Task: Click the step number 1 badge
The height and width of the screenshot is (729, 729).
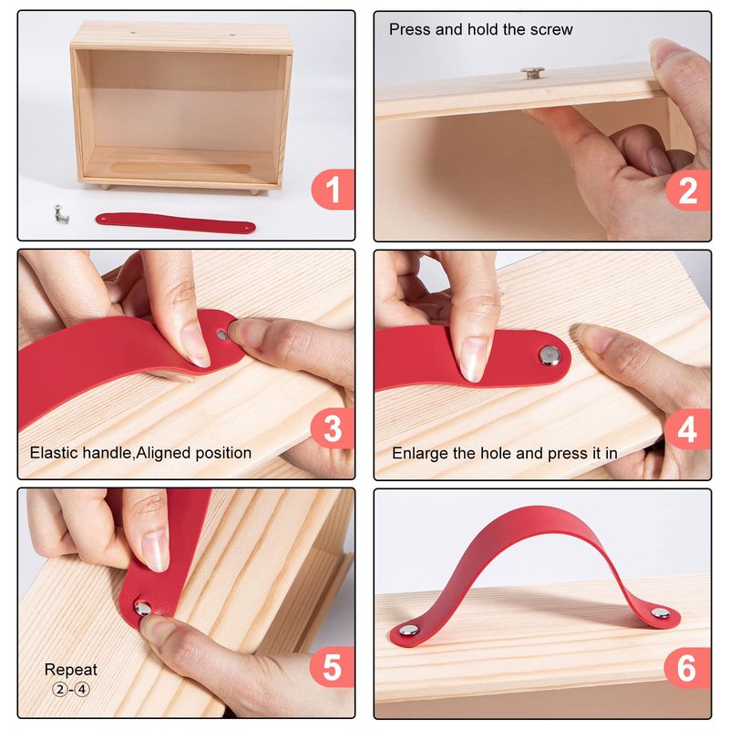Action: [x=333, y=190]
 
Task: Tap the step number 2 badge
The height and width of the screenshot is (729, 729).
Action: [x=688, y=190]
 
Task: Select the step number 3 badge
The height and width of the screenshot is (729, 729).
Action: [x=333, y=428]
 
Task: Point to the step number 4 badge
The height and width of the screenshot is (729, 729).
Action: [x=688, y=428]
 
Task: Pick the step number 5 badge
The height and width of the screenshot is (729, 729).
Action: [x=333, y=667]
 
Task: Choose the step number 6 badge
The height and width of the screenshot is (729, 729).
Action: [x=688, y=668]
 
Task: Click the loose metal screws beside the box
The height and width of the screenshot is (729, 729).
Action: [x=60, y=213]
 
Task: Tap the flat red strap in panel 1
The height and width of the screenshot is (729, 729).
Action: [x=175, y=223]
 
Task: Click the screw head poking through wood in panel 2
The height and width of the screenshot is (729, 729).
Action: [x=532, y=73]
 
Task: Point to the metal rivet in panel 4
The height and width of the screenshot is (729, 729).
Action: [x=549, y=355]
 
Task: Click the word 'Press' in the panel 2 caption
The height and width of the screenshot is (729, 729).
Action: [x=410, y=29]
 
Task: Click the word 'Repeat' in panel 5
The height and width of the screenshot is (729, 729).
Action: [x=71, y=670]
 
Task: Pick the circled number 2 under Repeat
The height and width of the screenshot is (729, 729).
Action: [x=60, y=689]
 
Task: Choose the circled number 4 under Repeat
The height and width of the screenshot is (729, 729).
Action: [x=82, y=689]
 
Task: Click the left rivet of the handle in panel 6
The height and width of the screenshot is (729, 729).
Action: [x=408, y=630]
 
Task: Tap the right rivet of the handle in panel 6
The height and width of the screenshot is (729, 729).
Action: [x=660, y=612]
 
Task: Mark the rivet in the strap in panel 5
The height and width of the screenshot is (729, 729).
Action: [x=143, y=609]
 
